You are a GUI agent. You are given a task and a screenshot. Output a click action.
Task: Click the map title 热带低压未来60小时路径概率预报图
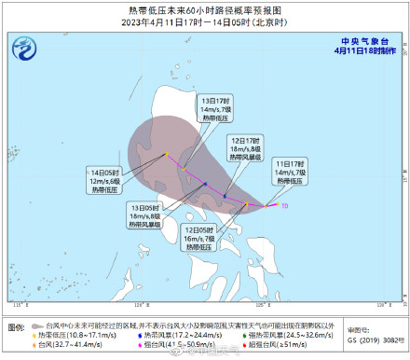205,8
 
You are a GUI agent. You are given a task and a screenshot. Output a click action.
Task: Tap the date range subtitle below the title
205,21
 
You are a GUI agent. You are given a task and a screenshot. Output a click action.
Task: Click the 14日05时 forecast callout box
105,181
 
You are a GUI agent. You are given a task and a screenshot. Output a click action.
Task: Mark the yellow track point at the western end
167,155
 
